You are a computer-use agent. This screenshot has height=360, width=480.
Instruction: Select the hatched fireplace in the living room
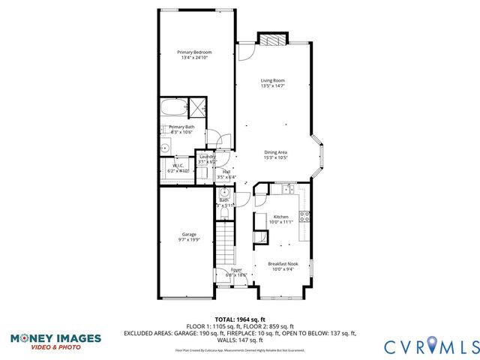pyautogui.click(x=272, y=40)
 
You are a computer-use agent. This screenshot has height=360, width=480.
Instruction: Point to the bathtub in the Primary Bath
pyautogui.click(x=174, y=109)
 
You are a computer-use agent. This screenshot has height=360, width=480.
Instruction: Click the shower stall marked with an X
pyautogui.click(x=198, y=108)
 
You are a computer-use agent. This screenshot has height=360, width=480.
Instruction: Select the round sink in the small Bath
pyautogui.click(x=223, y=192)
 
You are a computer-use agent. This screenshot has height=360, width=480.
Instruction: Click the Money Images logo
pyautogui.click(x=55, y=340)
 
